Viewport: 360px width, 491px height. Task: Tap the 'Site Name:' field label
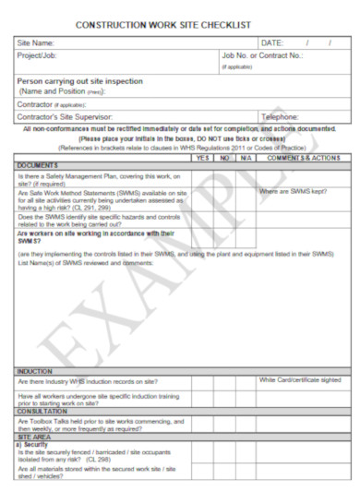(36, 43)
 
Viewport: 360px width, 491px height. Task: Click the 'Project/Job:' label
(39, 56)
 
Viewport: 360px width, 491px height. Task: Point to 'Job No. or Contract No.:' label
(261, 55)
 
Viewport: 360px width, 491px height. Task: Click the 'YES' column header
(203, 158)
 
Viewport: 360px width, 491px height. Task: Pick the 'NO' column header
(224, 158)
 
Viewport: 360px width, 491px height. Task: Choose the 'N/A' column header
(246, 158)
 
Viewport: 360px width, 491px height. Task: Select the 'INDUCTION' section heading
(35, 371)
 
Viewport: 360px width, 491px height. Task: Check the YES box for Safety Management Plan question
(203, 177)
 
